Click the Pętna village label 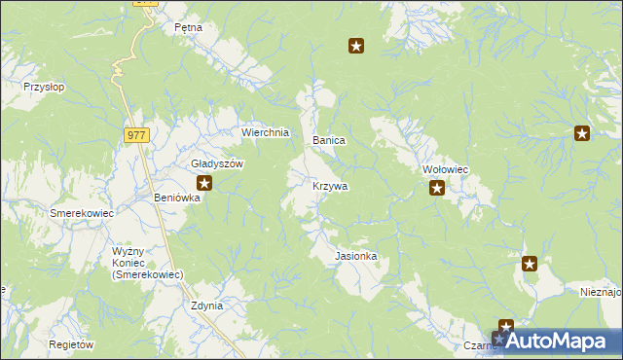point(188,27)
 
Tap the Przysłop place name point(44,87)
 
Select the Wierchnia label point(266,132)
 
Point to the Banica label point(329,141)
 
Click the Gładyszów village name point(216,163)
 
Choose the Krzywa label point(330,185)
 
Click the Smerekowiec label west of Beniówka point(83,213)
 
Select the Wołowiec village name point(446,169)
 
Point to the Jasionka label point(355,256)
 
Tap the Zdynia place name point(207,306)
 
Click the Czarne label point(480,345)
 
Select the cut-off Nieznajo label point(600,291)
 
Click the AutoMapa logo point(558,342)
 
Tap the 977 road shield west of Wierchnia point(136,136)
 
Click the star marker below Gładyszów point(204,182)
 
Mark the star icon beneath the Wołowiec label point(437,188)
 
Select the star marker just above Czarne point(506,327)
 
